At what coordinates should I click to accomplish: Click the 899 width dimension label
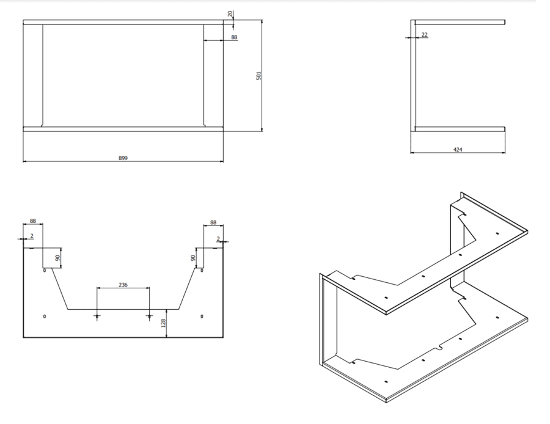click(123, 158)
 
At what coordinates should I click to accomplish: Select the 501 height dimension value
click(259, 76)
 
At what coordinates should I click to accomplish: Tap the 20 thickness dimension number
click(230, 13)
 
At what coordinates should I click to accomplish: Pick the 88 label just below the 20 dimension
click(234, 37)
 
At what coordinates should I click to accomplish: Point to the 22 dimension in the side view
click(425, 34)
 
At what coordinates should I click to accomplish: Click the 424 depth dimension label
click(458, 150)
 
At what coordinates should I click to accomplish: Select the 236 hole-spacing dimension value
click(123, 285)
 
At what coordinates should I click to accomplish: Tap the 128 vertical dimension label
click(163, 323)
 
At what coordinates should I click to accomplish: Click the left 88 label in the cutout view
click(32, 221)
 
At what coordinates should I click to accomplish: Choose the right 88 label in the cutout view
click(213, 222)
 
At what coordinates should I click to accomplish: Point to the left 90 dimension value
click(58, 258)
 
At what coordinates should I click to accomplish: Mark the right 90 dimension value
click(193, 258)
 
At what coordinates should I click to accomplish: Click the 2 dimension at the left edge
click(32, 236)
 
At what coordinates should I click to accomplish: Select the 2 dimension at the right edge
click(218, 239)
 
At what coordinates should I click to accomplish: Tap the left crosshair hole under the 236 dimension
click(97, 316)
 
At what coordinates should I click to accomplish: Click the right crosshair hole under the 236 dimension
click(150, 316)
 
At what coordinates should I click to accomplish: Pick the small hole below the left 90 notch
click(45, 271)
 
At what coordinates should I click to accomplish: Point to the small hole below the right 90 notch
click(202, 271)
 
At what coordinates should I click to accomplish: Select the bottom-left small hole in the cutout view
click(45, 316)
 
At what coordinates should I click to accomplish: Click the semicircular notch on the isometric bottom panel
click(440, 349)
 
